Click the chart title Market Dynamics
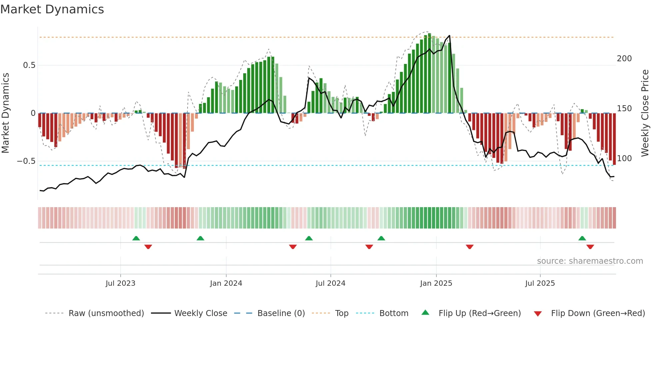point(52,9)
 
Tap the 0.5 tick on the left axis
point(29,65)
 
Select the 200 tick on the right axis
point(624,59)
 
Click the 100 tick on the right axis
point(624,159)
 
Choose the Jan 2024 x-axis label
point(226,283)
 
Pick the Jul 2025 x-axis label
point(540,283)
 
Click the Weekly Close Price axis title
point(645,113)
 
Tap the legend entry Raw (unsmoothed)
point(106,313)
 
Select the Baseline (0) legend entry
point(281,313)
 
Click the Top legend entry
point(341,313)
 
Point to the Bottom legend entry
point(393,313)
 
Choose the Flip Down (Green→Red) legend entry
point(598,313)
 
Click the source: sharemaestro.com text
point(590,261)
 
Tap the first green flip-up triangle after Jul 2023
point(136,238)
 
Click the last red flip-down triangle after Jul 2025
point(590,247)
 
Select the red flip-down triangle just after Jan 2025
point(469,247)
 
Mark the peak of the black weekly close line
point(449,36)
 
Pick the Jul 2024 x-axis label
point(330,283)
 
